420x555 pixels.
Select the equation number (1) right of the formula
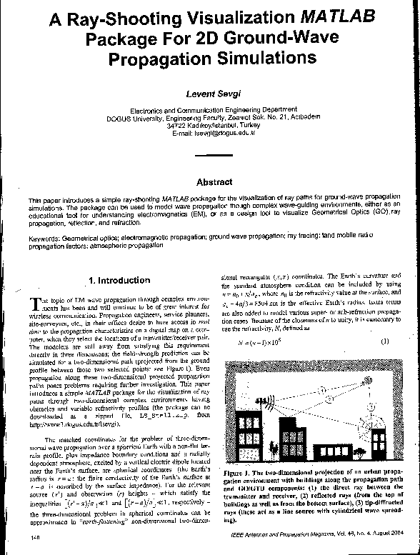tap(384, 340)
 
